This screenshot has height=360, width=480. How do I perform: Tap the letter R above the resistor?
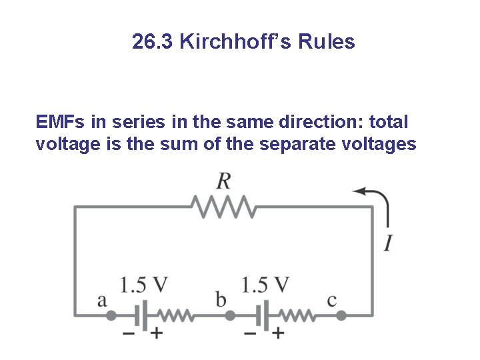224,180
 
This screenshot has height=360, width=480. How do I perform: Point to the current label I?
387,242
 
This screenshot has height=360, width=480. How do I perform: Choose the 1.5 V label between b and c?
265,285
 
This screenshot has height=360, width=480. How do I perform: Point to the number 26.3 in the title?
153,43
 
